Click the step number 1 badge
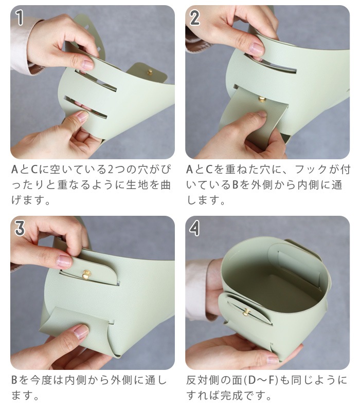(20, 18)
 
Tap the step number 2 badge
(195, 18)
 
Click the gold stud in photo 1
(150, 72)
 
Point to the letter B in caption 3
(15, 381)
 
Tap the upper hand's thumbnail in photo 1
(87, 65)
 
